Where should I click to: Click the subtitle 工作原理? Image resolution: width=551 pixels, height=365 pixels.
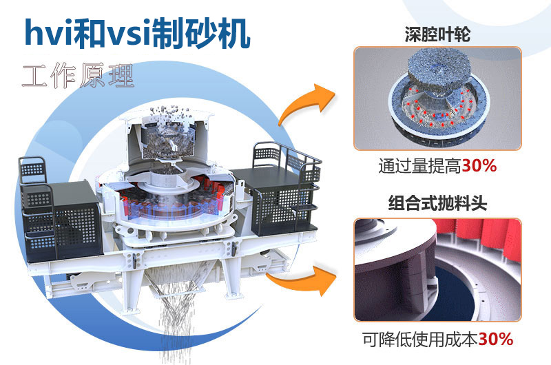coord(77,75)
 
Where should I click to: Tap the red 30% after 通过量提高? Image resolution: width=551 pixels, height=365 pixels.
coord(479,167)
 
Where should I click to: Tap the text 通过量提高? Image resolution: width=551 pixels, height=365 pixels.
coord(419,167)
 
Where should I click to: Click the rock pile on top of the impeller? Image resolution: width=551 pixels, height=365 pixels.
coord(439,70)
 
